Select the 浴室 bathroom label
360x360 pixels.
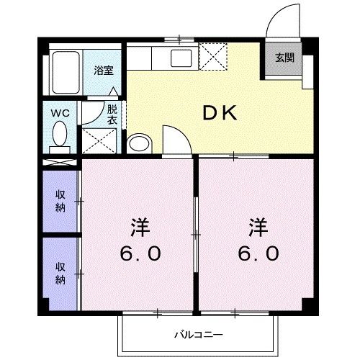click(104, 70)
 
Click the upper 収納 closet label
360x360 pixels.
click(60, 201)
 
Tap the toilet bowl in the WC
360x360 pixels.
click(60, 135)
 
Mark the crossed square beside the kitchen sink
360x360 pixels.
click(214, 55)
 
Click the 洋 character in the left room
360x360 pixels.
click(139, 228)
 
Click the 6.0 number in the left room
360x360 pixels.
click(140, 255)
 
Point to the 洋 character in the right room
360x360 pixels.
click(258, 228)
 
